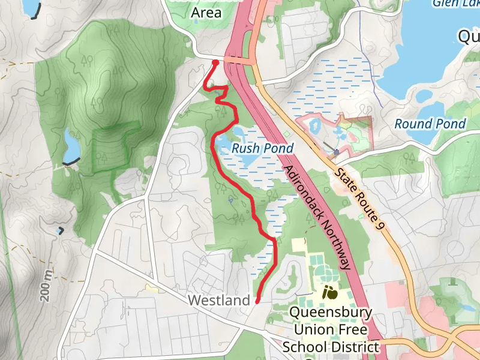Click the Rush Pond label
pyautogui.click(x=262, y=148)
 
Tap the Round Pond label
pyautogui.click(x=430, y=124)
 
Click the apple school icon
pyautogui.click(x=329, y=293)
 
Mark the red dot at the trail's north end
pyautogui.click(x=215, y=62)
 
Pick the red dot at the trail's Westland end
pyautogui.click(x=257, y=301)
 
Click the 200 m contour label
pyautogui.click(x=46, y=285)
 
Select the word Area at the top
pyautogui.click(x=206, y=12)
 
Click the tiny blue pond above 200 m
pyautogui.click(x=59, y=230)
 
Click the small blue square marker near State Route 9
pyautogui.click(x=337, y=152)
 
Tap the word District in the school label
pyautogui.click(x=357, y=347)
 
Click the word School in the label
pyautogui.click(x=305, y=347)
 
